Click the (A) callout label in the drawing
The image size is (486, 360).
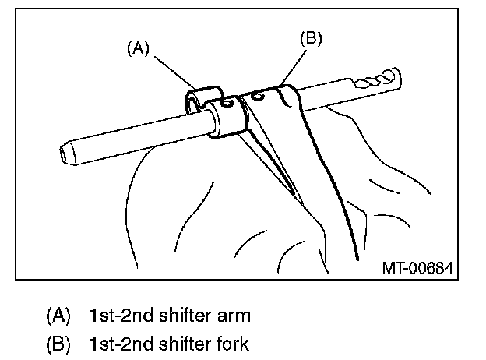point(137,48)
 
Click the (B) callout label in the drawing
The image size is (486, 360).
point(310,37)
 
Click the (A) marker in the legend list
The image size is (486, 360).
point(58,316)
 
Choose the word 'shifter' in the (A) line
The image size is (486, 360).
point(183,316)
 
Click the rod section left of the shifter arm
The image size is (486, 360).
point(132,134)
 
